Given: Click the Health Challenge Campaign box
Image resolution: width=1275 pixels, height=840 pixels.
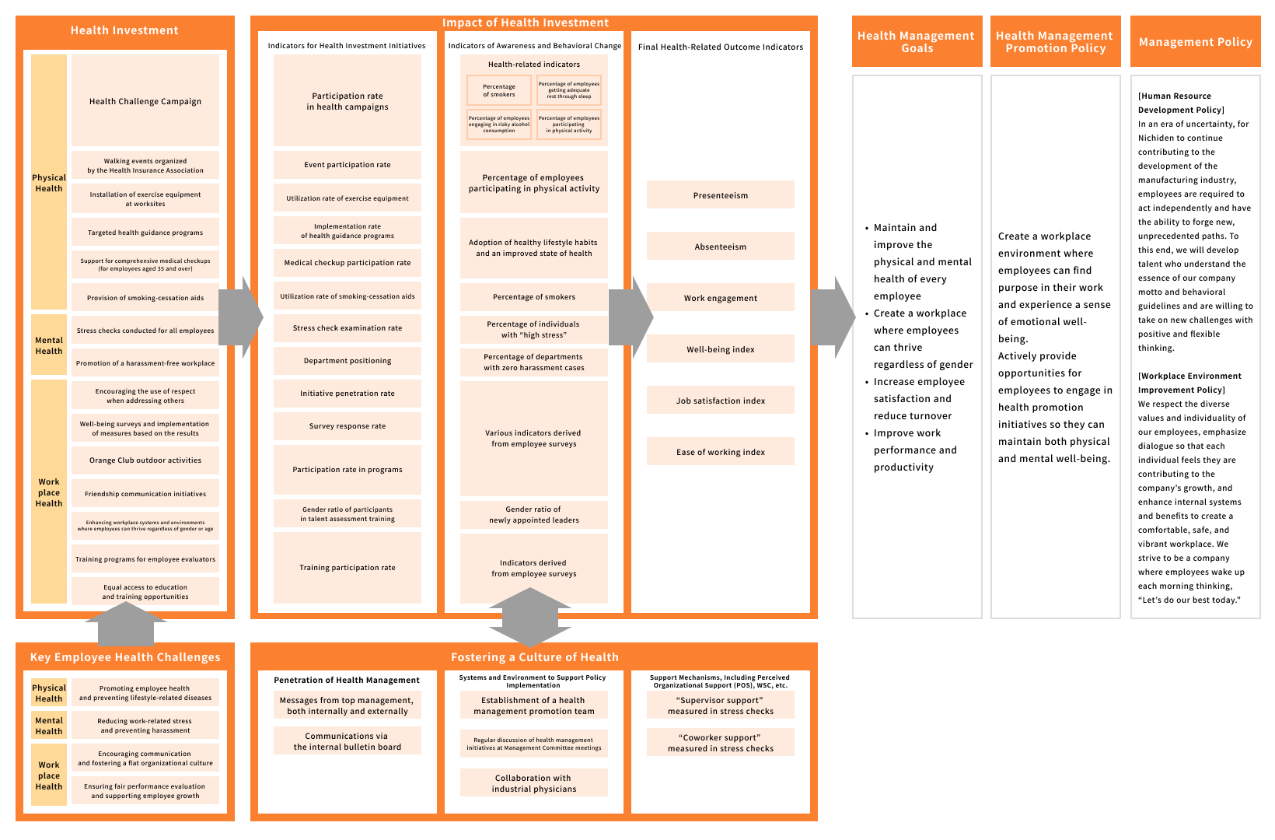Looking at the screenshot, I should pos(145,101).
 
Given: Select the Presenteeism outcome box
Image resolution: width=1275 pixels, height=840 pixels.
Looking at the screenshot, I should pos(721,195).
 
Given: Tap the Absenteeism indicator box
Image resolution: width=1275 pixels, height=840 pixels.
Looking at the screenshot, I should pos(721,247).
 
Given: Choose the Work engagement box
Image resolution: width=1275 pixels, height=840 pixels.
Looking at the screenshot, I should pos(721,298).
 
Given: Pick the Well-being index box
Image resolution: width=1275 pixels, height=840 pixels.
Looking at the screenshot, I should pos(721,349).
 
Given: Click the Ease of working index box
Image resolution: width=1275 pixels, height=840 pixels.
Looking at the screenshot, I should pos(721,452).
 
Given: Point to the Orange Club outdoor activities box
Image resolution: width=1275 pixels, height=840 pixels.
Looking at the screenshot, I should pos(145,460).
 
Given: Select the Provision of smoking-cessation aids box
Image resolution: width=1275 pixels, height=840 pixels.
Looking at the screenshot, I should pos(145,298).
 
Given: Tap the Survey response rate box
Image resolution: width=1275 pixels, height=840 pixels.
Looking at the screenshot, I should pos(348,426).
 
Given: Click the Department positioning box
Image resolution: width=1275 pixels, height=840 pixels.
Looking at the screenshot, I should pos(348,361).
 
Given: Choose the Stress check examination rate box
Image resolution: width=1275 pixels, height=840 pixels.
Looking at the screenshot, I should pos(348,328).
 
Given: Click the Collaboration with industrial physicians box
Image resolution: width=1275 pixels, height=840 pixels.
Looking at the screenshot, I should pos(534,783).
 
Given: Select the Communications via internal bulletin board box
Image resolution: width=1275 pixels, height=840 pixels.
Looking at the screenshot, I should pos(348,741).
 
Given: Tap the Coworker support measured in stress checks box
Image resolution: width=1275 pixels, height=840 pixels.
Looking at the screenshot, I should pos(721,743).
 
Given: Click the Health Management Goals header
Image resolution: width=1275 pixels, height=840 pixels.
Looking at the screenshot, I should pos(917,42).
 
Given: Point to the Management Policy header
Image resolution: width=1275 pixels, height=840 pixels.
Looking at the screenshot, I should pos(1195,42).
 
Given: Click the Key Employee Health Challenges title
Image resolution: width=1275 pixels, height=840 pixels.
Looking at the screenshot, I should pos(125,657).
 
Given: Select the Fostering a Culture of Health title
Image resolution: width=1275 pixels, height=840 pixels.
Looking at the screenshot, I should pos(534,657).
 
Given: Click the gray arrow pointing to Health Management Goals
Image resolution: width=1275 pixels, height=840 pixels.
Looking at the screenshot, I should pos(834,317).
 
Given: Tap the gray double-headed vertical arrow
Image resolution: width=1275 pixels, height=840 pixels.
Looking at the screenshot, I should pos(530,618).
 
